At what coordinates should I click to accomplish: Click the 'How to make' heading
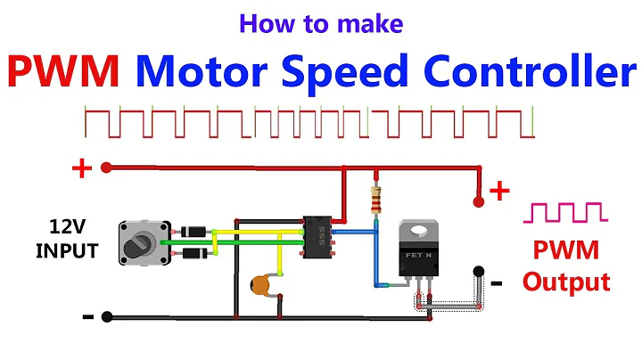320,24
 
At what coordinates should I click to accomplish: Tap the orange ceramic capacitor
262,284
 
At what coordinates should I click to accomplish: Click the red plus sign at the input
81,168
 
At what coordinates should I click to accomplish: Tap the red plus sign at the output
499,190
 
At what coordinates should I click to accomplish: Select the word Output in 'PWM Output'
566,282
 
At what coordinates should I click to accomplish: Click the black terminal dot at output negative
478,271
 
